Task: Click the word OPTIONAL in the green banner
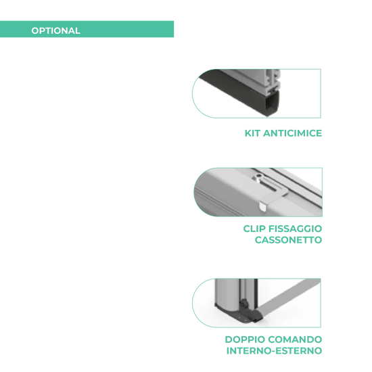click(55, 30)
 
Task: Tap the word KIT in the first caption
click(252, 133)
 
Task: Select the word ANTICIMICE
click(292, 133)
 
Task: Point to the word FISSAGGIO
click(296, 229)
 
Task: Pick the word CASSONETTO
click(289, 240)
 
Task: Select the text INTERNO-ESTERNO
click(274, 350)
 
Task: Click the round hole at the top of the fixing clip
click(258, 176)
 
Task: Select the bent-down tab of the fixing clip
click(262, 206)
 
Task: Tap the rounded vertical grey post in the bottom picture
click(227, 294)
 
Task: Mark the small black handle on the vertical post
click(243, 303)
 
